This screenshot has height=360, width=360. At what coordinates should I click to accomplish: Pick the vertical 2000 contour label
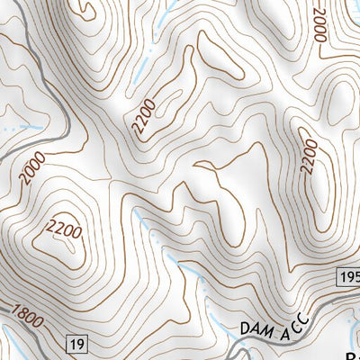tap(319, 24)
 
